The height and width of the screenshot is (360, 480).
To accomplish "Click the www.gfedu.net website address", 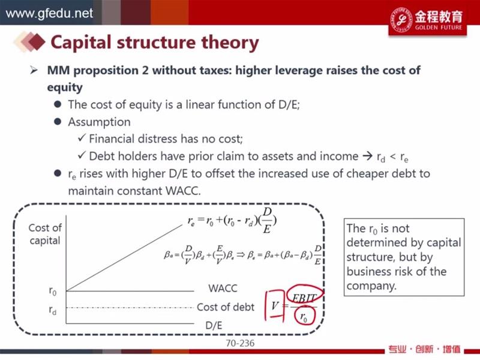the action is pyautogui.click(x=49, y=13).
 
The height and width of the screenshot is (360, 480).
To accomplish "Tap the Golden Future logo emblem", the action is pyautogui.click(x=401, y=19).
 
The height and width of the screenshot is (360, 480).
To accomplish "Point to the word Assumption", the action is pyautogui.click(x=99, y=122).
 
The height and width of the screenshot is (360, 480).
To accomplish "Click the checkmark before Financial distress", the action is pyautogui.click(x=82, y=138).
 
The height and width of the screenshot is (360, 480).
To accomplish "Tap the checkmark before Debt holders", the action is pyautogui.click(x=82, y=155).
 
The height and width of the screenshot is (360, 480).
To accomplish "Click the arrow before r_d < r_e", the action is pyautogui.click(x=367, y=157).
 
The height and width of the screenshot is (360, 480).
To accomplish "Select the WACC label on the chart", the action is pyautogui.click(x=223, y=289).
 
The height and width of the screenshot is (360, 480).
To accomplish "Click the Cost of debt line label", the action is pyautogui.click(x=226, y=307).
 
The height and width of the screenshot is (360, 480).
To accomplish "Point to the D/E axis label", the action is pyautogui.click(x=214, y=325).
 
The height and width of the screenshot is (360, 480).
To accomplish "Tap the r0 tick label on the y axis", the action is pyautogui.click(x=53, y=291).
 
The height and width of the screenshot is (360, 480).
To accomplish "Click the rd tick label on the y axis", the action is pyautogui.click(x=53, y=310).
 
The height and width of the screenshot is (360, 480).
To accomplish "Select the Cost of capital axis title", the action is pyautogui.click(x=45, y=234).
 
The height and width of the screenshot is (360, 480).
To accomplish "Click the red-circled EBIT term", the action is pyautogui.click(x=304, y=293).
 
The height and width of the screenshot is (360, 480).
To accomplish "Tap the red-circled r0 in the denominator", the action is pyautogui.click(x=304, y=316).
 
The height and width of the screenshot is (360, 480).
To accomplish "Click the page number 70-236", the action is pyautogui.click(x=240, y=343).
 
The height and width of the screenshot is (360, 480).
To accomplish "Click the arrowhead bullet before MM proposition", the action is pyautogui.click(x=34, y=71).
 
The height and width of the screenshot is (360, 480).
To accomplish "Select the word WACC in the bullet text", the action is pyautogui.click(x=183, y=191).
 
